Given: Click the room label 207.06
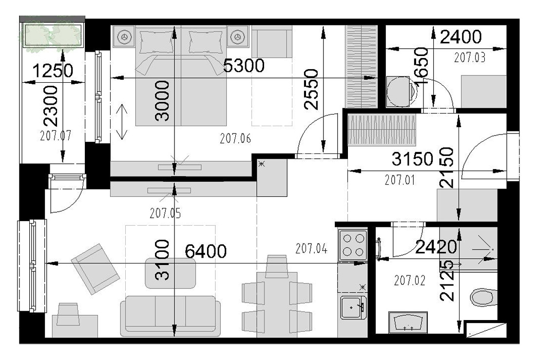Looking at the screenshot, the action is [x=235, y=138].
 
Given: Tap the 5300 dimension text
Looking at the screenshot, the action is [x=244, y=65].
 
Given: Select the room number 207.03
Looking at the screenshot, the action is [x=470, y=57].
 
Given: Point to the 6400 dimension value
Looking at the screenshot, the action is [x=206, y=251].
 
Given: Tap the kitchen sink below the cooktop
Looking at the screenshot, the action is [x=353, y=307].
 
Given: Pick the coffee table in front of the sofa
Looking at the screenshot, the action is [x=171, y=273].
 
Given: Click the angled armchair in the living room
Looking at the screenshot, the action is [x=96, y=269].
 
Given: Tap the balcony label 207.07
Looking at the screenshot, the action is [x=56, y=135].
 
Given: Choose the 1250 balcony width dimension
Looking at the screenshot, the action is [x=53, y=71].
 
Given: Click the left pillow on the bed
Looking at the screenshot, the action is [x=156, y=42].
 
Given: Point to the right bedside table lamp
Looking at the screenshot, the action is [x=236, y=36].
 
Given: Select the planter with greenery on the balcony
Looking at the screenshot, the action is [x=52, y=36].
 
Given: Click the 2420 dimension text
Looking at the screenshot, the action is [x=436, y=247].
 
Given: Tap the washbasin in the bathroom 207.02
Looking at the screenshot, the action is [x=407, y=322].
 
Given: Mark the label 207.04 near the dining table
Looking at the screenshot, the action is [x=311, y=248].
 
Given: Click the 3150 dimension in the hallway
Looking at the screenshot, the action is [x=413, y=159].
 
